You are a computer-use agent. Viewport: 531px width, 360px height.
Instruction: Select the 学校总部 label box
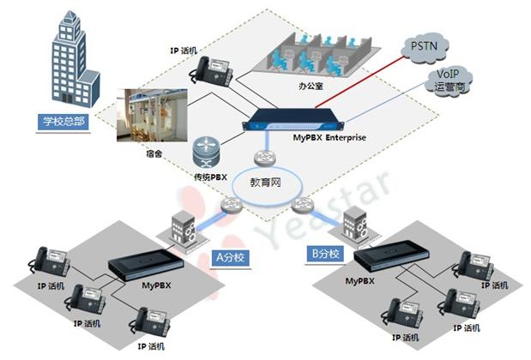64,120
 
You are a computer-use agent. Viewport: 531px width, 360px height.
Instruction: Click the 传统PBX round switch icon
208,152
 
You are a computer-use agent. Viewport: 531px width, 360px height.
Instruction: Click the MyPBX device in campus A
145,259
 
